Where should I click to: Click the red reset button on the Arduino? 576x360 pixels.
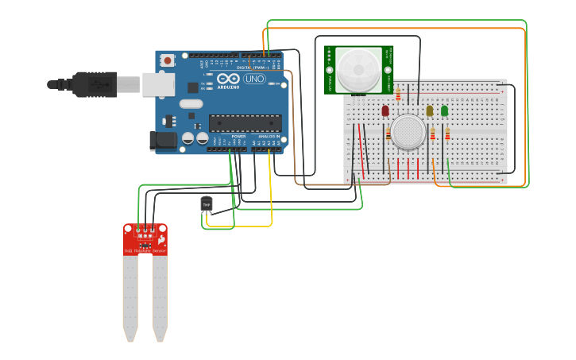(168, 60)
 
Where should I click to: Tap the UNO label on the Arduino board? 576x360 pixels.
(254, 79)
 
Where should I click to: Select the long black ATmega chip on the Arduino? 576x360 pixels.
(245, 123)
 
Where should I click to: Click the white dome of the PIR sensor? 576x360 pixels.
(358, 69)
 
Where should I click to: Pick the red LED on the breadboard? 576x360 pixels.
(385, 111)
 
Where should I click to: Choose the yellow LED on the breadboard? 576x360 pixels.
(430, 111)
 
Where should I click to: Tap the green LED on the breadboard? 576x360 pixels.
(444, 111)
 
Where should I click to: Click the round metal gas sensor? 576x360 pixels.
(407, 131)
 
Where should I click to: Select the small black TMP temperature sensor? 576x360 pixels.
(207, 204)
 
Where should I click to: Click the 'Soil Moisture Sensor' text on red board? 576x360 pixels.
(145, 251)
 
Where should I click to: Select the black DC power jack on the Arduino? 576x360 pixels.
(163, 141)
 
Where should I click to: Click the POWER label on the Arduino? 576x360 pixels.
(238, 137)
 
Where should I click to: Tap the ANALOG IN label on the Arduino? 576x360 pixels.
(268, 137)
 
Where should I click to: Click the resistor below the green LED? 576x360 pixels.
(447, 134)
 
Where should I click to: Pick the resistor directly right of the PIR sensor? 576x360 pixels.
(398, 95)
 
